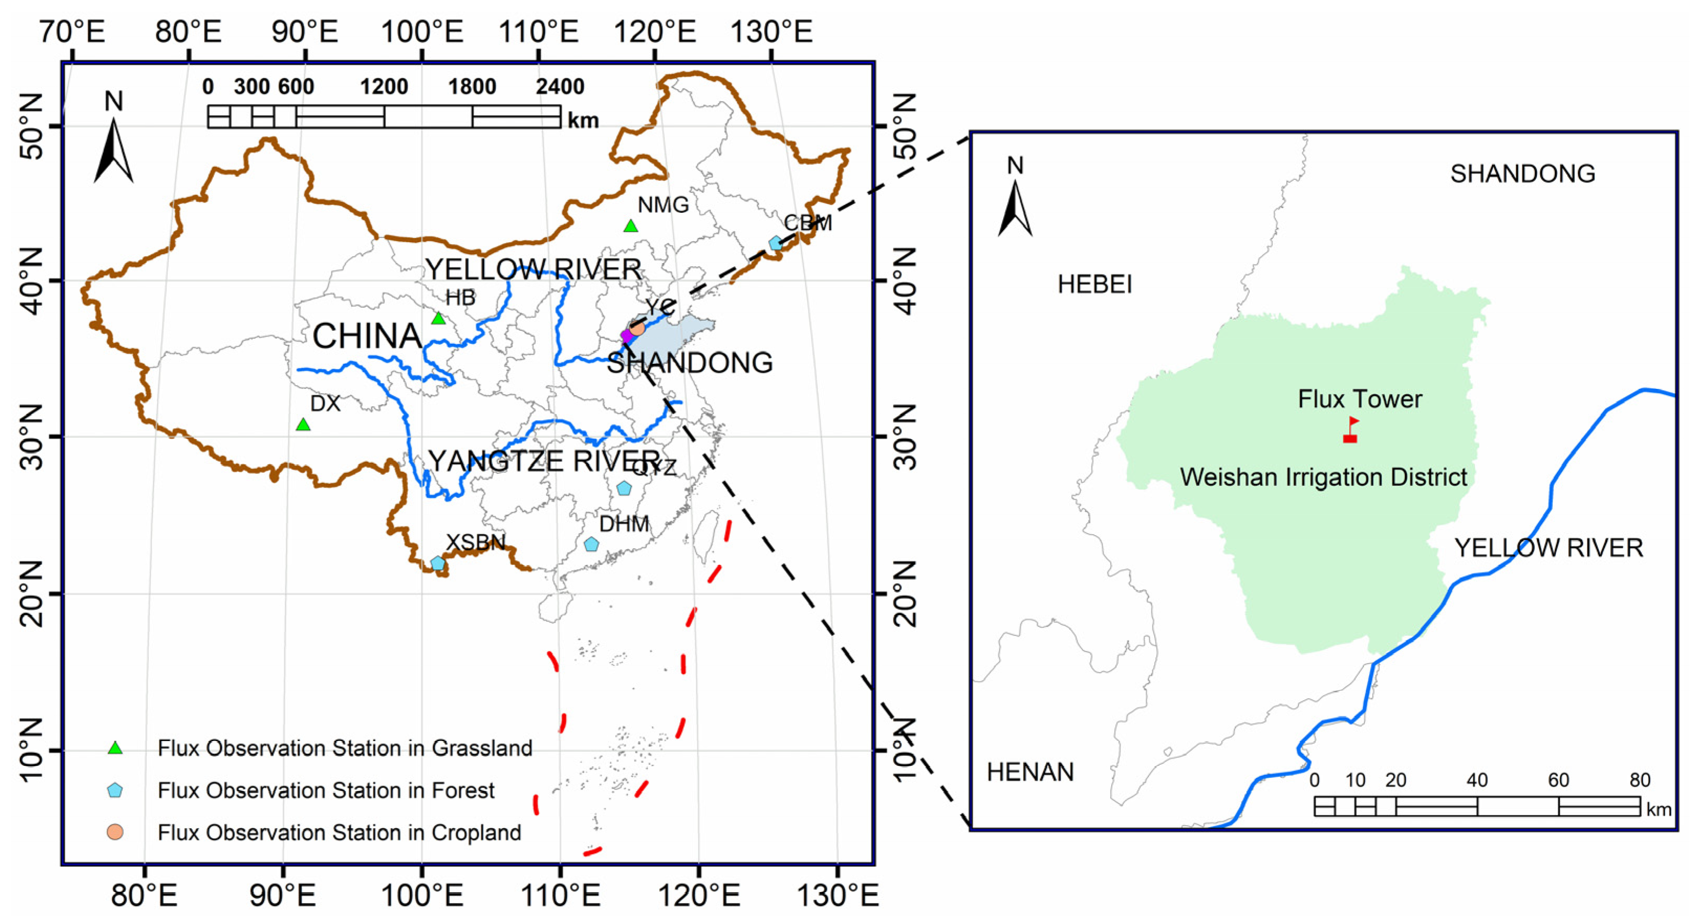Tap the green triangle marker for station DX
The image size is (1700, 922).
pyautogui.click(x=303, y=425)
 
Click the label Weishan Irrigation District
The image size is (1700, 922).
pyautogui.click(x=1323, y=477)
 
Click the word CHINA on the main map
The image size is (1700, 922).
pyautogui.click(x=367, y=337)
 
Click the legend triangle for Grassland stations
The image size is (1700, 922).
pyautogui.click(x=115, y=748)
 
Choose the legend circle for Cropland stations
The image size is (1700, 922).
pyautogui.click(x=115, y=832)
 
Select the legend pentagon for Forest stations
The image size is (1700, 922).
pyautogui.click(x=115, y=790)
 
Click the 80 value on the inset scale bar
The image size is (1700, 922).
pyautogui.click(x=1639, y=780)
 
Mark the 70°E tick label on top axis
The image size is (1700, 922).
pyautogui.click(x=72, y=31)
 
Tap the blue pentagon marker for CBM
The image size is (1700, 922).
pyautogui.click(x=776, y=243)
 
